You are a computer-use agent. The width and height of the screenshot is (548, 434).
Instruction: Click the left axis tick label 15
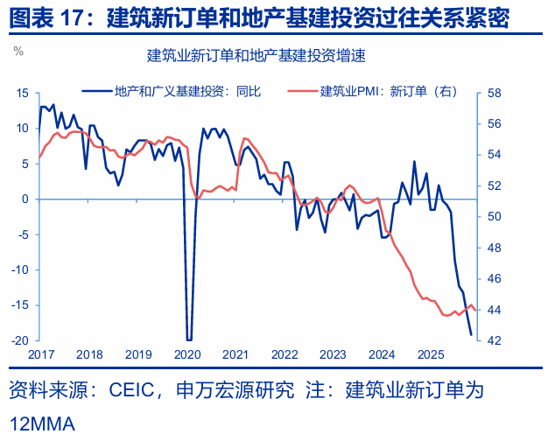coord(23,93)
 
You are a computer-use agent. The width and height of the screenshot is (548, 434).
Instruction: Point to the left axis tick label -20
coord(21,340)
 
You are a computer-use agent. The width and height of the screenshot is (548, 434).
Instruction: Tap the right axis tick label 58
coord(494,93)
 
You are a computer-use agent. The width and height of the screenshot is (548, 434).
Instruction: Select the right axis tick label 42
coord(494,340)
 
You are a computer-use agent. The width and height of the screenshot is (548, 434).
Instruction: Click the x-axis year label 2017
coord(40,354)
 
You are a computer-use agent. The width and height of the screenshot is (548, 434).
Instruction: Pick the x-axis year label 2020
coord(187,354)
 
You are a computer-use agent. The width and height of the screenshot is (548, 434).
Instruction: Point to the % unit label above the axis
coord(18,51)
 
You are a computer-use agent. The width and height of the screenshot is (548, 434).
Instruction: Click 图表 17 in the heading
coord(48,17)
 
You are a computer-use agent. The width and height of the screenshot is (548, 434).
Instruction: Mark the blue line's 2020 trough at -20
coord(189,339)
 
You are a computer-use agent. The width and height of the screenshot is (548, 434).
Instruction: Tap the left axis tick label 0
coord(26,199)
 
